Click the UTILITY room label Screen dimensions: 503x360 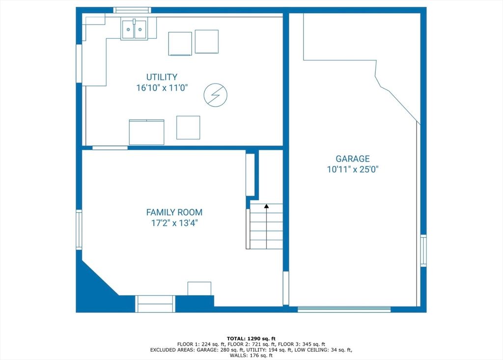[162, 77]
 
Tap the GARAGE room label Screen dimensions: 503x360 [353, 159]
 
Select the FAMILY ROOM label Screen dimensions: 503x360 [174, 212]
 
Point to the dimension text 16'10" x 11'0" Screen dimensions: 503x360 [162, 87]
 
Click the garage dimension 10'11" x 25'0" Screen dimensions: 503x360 [353, 169]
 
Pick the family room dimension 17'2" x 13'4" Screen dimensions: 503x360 [174, 222]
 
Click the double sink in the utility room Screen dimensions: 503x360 [134, 29]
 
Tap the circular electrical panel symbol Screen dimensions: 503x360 [216, 95]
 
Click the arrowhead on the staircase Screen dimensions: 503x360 [266, 206]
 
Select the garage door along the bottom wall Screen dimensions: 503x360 [344, 309]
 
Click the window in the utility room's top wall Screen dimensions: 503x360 [132, 10]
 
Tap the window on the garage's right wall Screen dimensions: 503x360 [423, 250]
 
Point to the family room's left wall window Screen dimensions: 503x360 [79, 230]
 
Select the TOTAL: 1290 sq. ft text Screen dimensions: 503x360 [251, 338]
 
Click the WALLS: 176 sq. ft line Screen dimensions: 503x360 [251, 355]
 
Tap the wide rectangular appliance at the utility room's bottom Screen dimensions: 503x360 [146, 132]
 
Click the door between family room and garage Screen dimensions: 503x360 [286, 288]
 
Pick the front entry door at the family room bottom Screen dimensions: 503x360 [155, 304]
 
